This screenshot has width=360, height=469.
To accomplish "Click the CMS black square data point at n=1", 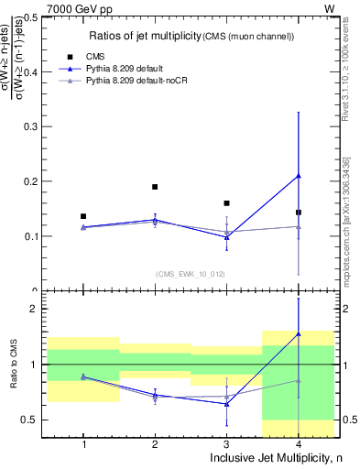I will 83,216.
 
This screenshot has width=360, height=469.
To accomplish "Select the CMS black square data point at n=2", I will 155,187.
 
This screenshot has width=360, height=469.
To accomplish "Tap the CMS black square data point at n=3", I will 227,203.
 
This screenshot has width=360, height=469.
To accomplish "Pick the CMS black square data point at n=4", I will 299,213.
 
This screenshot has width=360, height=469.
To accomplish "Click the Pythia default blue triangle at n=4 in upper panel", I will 299,176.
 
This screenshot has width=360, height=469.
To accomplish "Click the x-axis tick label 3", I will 227,444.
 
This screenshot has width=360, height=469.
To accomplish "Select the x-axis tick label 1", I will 83,444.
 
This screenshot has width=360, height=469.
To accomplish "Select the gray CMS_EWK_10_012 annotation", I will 191,273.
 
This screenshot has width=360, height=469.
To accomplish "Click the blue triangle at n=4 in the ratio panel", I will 299,334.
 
